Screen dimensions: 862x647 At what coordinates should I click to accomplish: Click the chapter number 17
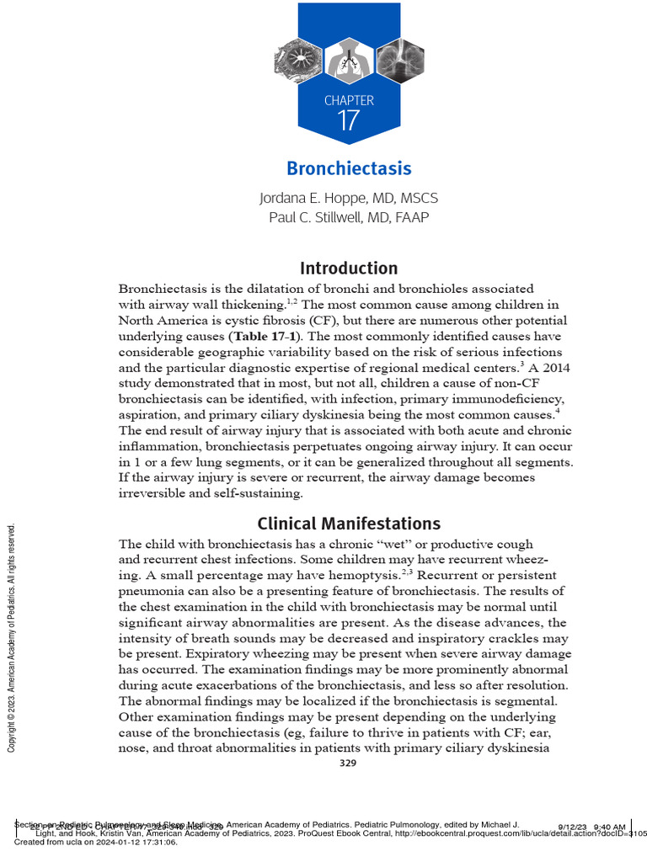point(349,120)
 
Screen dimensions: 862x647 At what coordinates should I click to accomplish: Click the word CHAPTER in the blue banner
point(349,100)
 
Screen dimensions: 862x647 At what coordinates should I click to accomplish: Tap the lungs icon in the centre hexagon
point(349,60)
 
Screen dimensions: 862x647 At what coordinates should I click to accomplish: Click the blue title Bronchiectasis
point(349,168)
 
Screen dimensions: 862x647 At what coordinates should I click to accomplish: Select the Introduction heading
point(349,269)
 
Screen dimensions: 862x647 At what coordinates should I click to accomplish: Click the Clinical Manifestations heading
point(349,523)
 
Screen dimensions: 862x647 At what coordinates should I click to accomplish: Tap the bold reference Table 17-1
point(259,335)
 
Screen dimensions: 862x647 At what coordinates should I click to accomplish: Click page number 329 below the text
point(348,763)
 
